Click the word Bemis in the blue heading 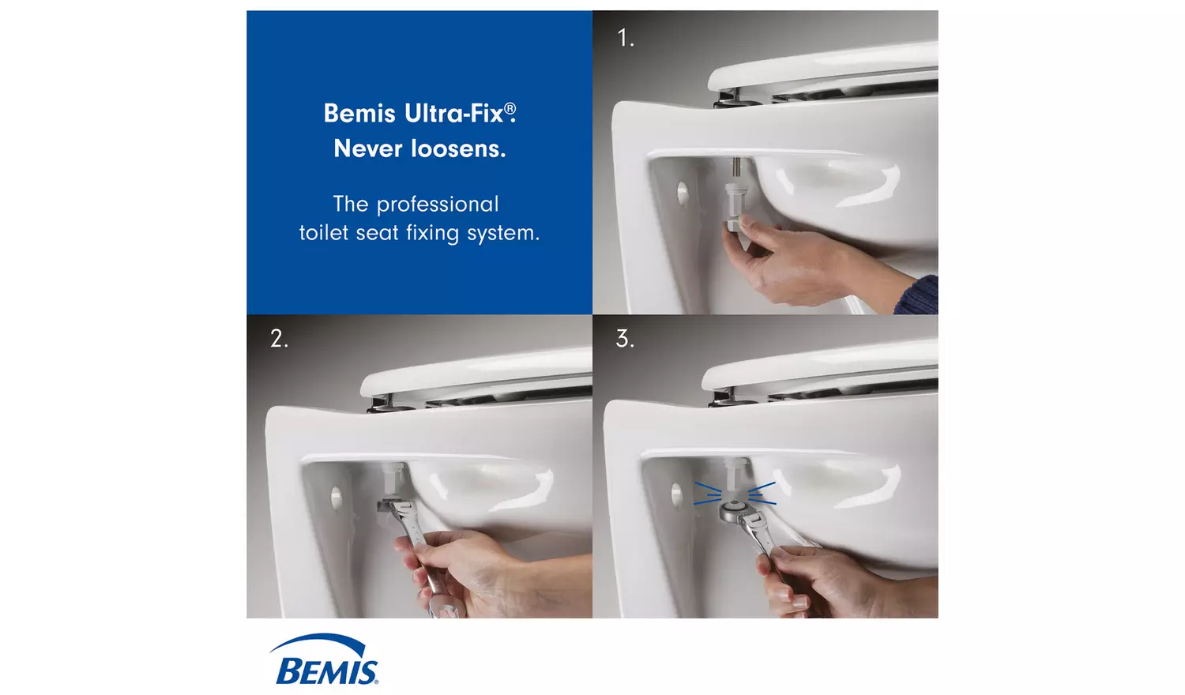[x=359, y=114]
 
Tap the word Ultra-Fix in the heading [x=453, y=114]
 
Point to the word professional [x=438, y=205]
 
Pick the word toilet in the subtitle [x=323, y=233]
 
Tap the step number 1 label [x=625, y=38]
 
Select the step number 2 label [x=279, y=339]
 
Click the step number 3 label [x=625, y=339]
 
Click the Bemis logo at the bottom [x=326, y=660]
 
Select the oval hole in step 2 [x=337, y=497]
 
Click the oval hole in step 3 [x=676, y=494]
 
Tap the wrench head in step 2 [x=396, y=509]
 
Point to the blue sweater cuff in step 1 [x=917, y=295]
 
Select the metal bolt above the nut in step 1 [x=736, y=168]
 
